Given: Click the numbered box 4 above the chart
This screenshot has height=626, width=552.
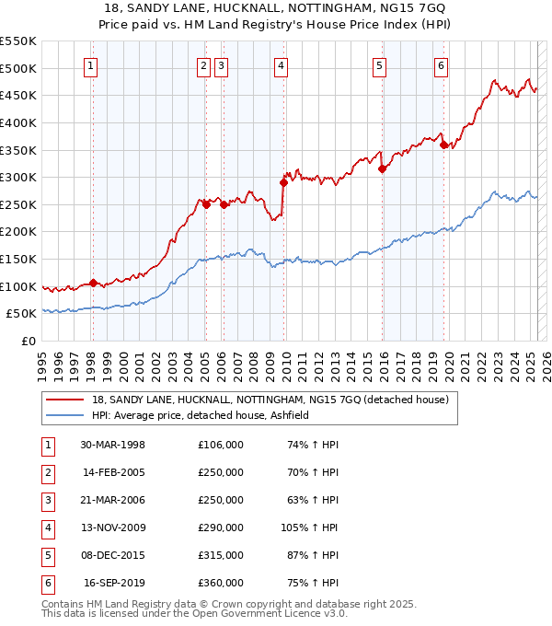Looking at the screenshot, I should tap(280, 65).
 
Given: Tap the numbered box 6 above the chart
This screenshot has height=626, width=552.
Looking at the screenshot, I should tap(442, 65).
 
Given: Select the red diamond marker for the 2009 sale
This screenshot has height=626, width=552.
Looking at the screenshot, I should tap(283, 182).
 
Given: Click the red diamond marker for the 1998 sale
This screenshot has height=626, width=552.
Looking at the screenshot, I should tap(93, 283).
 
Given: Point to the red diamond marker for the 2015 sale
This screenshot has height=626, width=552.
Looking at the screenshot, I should tap(382, 168).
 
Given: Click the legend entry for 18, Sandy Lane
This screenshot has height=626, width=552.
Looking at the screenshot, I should tap(270, 400).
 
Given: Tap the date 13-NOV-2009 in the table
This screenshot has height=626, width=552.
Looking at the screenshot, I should tap(113, 527).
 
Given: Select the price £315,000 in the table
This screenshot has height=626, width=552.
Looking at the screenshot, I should tap(221, 555).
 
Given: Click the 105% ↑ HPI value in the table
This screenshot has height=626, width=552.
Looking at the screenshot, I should tap(310, 527).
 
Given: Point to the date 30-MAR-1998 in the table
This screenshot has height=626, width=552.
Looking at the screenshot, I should tap(113, 445).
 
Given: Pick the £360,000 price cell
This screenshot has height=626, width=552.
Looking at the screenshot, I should tap(221, 583).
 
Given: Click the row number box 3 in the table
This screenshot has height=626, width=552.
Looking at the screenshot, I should tap(46, 500).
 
